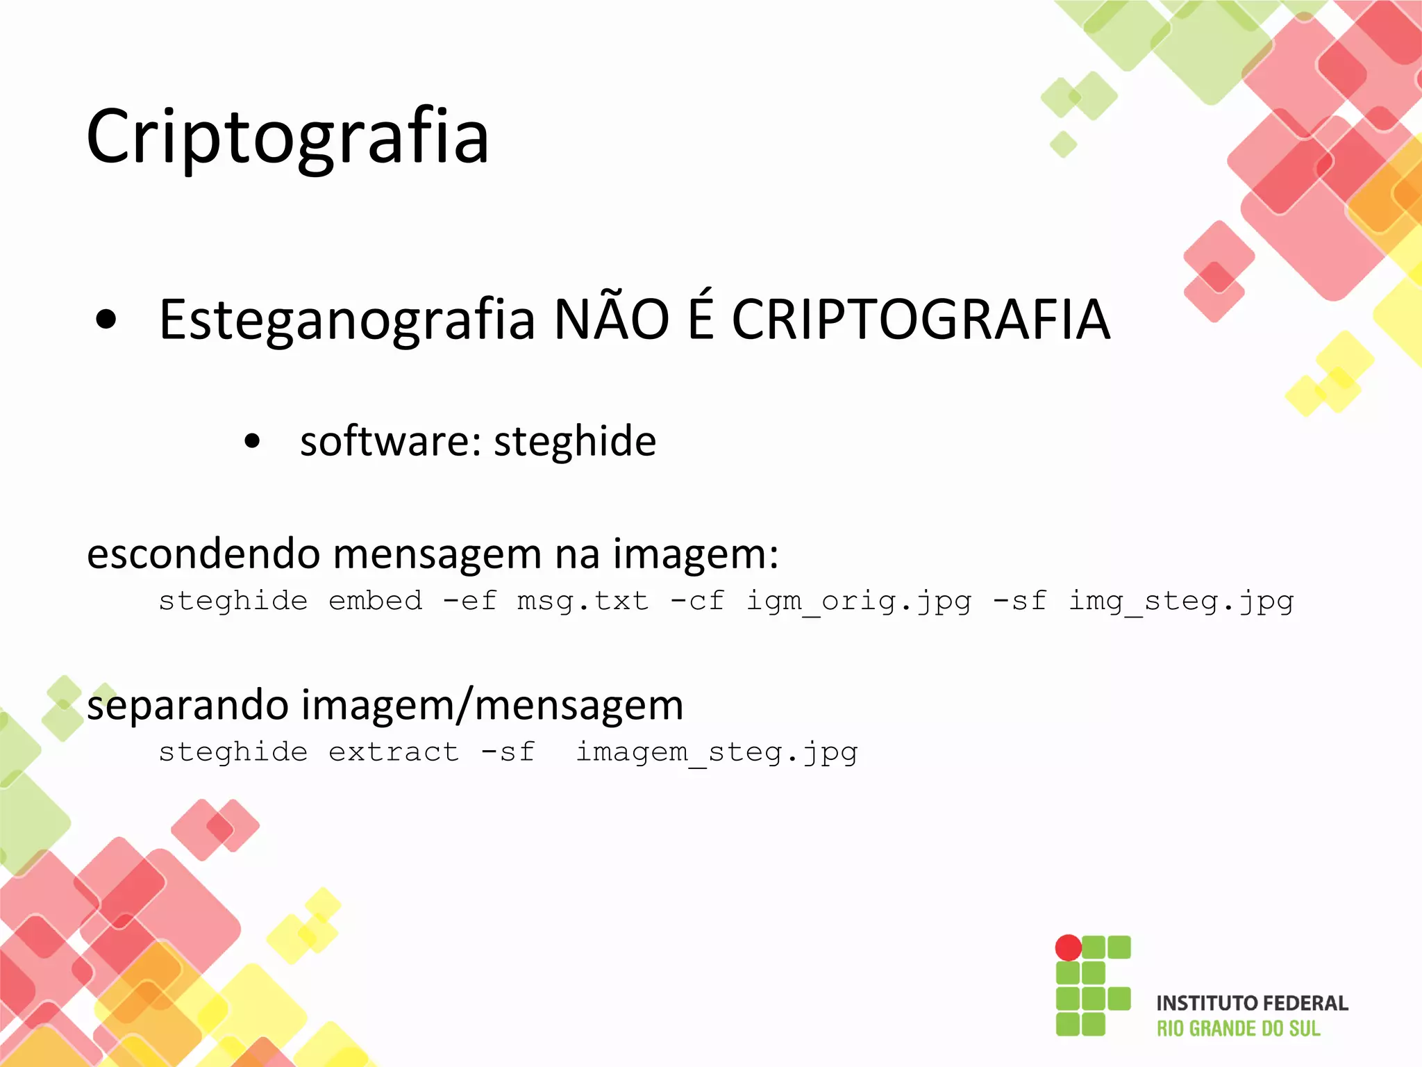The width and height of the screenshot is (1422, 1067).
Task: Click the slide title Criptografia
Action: pos(287,137)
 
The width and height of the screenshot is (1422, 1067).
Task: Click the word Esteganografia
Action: pos(346,320)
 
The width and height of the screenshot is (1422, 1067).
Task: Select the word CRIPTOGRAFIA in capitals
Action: pos(921,320)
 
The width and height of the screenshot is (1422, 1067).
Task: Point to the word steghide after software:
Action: pos(574,441)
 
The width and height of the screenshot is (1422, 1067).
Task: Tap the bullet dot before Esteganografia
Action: pos(106,320)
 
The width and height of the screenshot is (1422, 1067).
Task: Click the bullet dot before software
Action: pos(252,441)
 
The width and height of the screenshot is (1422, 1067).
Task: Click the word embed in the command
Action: pos(375,601)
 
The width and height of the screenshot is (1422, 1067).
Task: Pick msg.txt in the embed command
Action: pos(583,601)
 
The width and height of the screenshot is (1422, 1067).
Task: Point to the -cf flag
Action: pos(697,601)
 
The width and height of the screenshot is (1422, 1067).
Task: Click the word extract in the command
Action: pos(394,752)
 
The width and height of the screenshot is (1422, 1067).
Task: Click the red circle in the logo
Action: pos(1068,948)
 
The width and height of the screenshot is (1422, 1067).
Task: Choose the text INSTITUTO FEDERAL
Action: pos(1252,1003)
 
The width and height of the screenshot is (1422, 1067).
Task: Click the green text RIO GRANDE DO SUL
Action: pos(1238,1029)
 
